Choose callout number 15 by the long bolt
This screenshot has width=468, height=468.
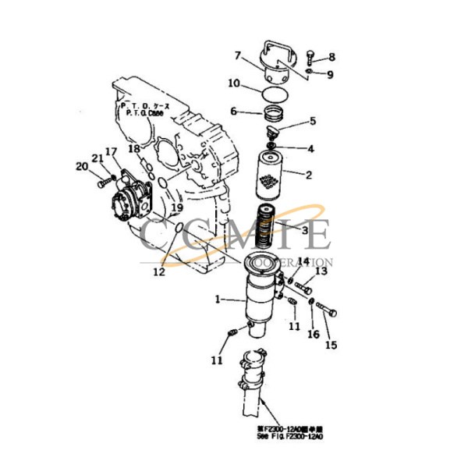331,345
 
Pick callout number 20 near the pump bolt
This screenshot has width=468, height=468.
81,165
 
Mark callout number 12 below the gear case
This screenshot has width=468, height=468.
159,272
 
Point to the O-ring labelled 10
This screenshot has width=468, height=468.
273,91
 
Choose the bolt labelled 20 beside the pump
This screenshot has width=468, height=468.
107,183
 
